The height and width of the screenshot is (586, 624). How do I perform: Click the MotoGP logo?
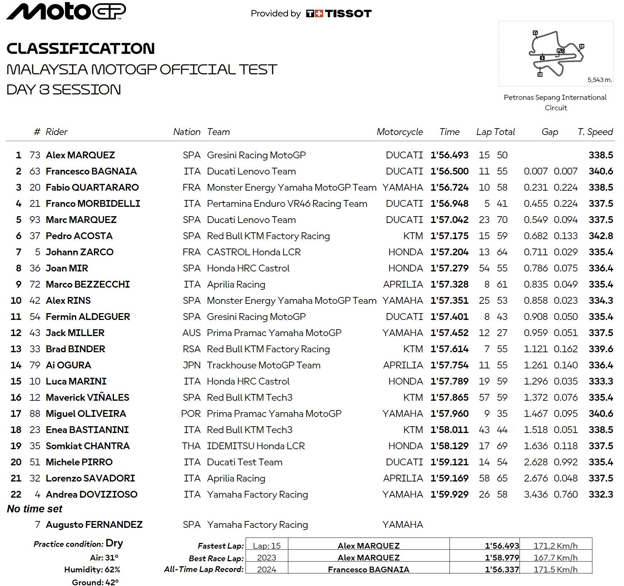coord(66,11)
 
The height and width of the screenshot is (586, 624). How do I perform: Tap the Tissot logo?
coord(339,14)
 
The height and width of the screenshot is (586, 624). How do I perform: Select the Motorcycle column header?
coord(400,132)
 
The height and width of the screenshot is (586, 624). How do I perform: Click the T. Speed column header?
coord(595,132)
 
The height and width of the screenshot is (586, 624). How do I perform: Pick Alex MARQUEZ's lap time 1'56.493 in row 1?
coord(449,155)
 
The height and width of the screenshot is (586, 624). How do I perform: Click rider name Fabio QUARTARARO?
coord(92,187)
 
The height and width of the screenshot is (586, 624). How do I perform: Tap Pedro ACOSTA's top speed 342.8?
coord(601,236)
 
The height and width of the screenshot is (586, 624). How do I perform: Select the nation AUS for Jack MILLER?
coord(191,333)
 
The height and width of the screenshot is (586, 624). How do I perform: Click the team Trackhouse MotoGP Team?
coord(264,365)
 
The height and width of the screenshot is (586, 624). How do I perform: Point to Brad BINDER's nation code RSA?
coord(191,349)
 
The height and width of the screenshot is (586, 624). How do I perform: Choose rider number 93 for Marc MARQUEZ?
coord(35,220)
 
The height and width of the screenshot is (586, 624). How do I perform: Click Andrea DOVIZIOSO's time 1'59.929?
coord(449,494)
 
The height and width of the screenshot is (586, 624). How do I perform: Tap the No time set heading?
coord(34,509)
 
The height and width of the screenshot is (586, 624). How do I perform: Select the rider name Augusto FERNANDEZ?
coord(94,525)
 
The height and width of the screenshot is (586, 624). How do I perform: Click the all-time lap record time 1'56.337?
coord(502,569)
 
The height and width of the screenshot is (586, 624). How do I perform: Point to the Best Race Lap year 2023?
coord(266,558)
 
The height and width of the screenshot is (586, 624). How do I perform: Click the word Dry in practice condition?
coord(114,543)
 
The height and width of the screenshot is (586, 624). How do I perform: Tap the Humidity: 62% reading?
coord(92,569)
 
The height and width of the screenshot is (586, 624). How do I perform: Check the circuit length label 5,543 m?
coord(599,80)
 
